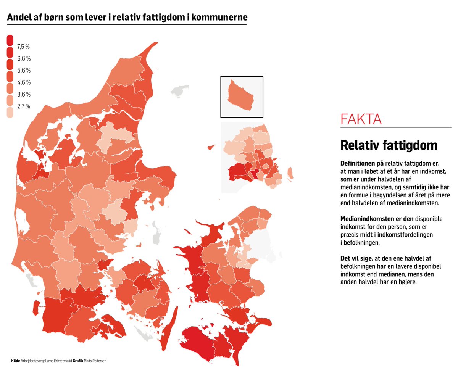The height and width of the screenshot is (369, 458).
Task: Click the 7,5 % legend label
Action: click(x=23, y=47)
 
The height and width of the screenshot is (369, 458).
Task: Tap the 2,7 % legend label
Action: click(x=23, y=106)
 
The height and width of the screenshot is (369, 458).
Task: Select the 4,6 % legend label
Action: click(x=23, y=82)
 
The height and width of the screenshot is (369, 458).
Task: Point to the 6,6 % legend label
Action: click(x=23, y=58)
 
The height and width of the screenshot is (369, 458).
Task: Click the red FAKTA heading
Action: click(x=361, y=119)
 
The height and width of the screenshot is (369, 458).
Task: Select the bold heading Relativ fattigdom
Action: click(x=389, y=145)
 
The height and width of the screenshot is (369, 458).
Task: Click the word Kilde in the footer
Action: click(x=16, y=360)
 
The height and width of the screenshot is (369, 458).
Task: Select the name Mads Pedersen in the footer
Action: click(x=96, y=360)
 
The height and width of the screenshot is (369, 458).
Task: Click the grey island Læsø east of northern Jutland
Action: click(x=180, y=91)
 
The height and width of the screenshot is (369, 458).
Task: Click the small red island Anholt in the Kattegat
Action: click(x=210, y=147)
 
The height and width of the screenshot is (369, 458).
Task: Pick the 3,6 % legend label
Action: click(x=23, y=94)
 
